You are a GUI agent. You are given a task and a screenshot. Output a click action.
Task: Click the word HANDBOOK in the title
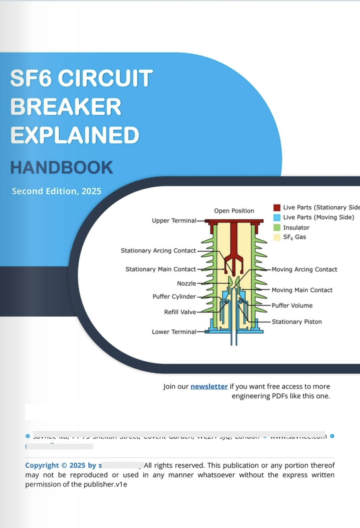[x=62, y=168]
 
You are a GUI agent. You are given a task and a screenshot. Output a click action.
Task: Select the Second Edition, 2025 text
[x=57, y=191]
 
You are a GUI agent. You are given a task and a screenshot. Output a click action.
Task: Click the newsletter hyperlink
[x=209, y=386]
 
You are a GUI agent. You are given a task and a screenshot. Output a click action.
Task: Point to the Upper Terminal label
[x=174, y=221]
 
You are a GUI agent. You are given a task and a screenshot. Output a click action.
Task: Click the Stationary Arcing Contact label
[x=158, y=251]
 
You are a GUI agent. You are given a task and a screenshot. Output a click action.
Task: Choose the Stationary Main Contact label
[x=161, y=269]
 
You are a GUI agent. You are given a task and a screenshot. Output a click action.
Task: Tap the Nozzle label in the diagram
[x=186, y=283]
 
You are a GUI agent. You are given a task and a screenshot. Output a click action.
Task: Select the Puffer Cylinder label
[x=174, y=296]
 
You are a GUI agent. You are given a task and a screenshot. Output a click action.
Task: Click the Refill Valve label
[x=180, y=312]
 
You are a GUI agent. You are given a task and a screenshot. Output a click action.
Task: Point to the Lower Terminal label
[x=174, y=332]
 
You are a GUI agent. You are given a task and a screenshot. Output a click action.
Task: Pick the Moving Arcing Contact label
[x=304, y=269]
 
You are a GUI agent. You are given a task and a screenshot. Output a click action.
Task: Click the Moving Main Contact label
[x=302, y=290]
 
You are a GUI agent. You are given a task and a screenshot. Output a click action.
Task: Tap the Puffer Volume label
[x=292, y=306]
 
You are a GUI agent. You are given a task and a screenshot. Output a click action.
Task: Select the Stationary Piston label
[x=296, y=322]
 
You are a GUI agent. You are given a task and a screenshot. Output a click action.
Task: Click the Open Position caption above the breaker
[x=234, y=211]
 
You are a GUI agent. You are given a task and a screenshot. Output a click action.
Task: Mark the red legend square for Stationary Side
[x=277, y=208]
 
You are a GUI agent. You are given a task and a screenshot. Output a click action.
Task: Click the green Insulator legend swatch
[x=277, y=227]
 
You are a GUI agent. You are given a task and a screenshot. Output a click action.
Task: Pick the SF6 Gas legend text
[x=295, y=237]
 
